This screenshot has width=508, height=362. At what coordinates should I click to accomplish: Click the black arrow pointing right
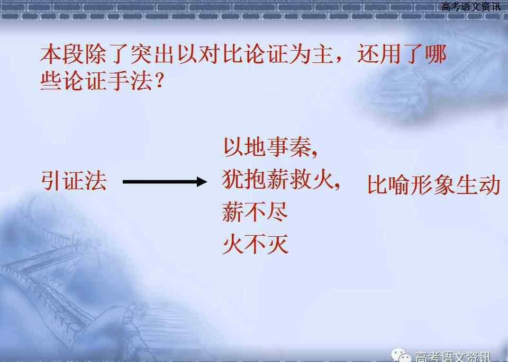165,181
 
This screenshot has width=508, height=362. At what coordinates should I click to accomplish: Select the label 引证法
74,181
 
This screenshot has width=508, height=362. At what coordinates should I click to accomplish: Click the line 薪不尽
255,212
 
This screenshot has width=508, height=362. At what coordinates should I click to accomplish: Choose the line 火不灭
255,244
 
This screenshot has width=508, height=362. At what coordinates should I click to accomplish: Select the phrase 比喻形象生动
434,185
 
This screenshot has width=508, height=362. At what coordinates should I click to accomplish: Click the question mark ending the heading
159,81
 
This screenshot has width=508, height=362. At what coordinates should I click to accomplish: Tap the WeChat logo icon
401,355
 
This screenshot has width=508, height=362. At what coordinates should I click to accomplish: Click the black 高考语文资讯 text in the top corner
471,6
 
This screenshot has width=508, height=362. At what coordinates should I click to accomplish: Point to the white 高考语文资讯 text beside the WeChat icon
452,357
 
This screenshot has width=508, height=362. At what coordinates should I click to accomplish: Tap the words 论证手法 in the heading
108,81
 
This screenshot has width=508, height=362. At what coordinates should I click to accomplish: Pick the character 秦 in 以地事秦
301,147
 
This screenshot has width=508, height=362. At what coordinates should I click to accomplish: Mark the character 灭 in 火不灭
277,244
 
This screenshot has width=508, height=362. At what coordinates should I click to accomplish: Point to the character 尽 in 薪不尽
277,212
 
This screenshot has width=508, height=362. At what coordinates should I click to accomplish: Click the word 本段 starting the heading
62,54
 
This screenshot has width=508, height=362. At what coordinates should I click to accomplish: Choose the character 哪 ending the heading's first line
436,54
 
